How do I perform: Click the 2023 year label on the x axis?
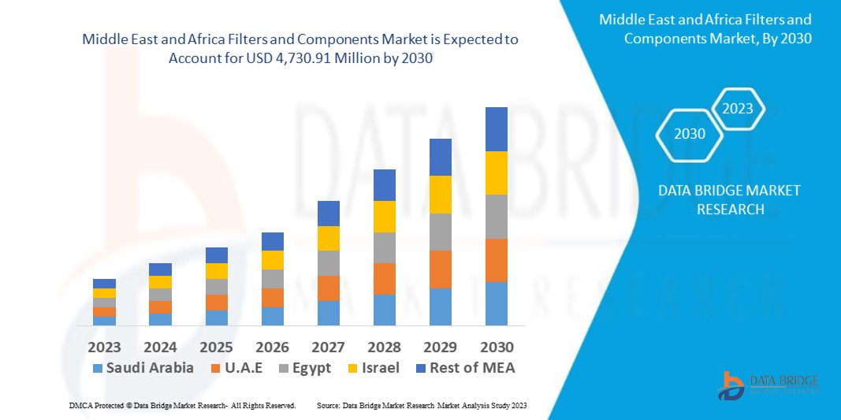pos(104,347)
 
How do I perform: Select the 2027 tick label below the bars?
pos(329,347)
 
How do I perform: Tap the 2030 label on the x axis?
pos(497,347)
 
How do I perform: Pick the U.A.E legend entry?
pos(242,367)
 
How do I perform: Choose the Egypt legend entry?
pos(303,367)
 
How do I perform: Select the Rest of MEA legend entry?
pos(465,367)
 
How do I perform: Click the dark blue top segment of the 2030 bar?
pos(497,129)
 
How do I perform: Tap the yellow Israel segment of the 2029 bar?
pos(441,195)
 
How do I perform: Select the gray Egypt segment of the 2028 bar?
pos(384,247)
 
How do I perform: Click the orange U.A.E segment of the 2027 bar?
pos(329,288)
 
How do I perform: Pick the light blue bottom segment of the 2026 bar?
pos(273,316)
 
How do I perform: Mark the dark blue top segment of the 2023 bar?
pos(104,284)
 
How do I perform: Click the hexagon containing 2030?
pos(690,134)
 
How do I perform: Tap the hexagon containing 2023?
pos(738,109)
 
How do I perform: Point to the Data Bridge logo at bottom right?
pos(768,385)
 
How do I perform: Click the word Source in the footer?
pos(328,405)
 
